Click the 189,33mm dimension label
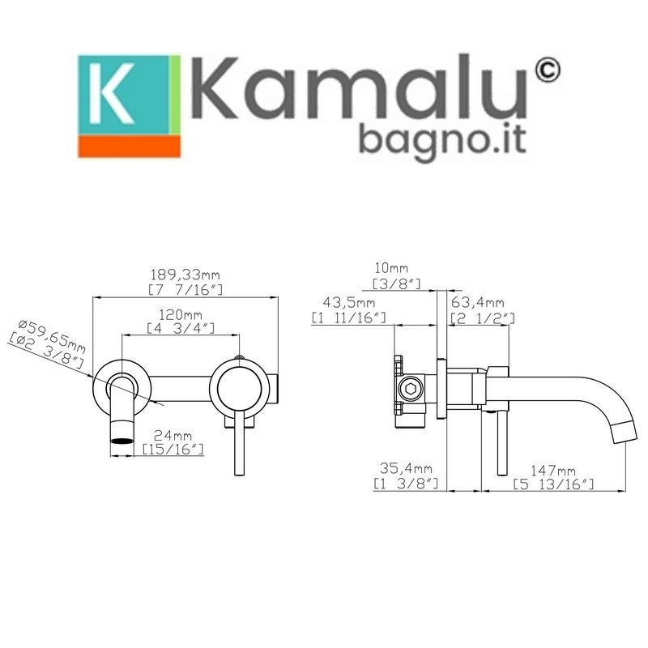pos(185,275)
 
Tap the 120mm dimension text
pos(181,315)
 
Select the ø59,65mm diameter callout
pos(52,337)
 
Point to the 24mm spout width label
pos(173,436)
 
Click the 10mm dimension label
pos(391,268)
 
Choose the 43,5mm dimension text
pos(349,303)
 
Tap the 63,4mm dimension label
pos(477,303)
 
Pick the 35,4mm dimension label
pos(406,469)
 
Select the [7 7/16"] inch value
pos(185,290)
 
